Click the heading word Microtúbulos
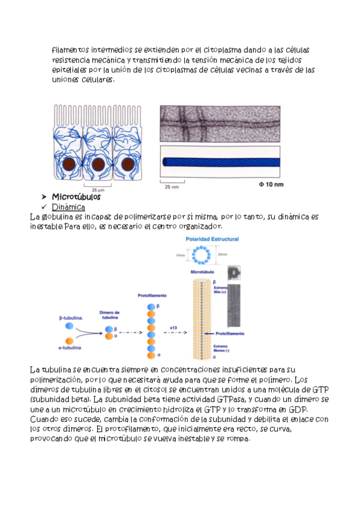[x=76, y=197]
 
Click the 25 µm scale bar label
[x=98, y=190]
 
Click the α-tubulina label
[x=70, y=348]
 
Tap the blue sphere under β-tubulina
[x=70, y=326]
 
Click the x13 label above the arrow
[x=173, y=327]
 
